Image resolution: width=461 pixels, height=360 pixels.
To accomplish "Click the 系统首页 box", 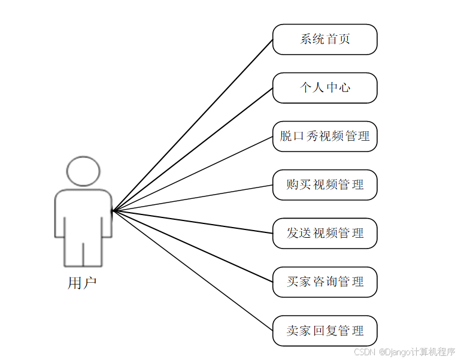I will coord(324,40).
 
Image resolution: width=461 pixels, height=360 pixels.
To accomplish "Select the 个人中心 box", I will coord(324,88).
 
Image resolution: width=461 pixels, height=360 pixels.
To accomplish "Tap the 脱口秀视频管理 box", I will coord(324,136).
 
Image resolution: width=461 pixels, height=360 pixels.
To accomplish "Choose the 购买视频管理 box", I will coord(324,184).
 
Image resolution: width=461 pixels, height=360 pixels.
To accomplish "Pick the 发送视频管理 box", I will coord(324,233).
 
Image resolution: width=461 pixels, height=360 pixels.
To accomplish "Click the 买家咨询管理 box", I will coord(324,282).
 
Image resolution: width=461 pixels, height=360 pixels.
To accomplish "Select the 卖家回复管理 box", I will coord(324,331).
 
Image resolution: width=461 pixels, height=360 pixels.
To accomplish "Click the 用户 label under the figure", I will coord(82,283).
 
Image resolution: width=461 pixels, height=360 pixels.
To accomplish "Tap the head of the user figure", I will coord(83,171).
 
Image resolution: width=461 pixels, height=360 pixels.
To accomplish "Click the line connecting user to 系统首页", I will coord(192,125).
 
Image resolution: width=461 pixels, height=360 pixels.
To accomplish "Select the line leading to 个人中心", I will coord(192,150).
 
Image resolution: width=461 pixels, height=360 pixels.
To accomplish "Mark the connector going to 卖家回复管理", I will coord(192,270).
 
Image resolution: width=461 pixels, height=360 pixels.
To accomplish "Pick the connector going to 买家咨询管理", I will coord(192,246).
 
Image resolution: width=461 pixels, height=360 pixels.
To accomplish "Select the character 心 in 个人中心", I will coord(344,88).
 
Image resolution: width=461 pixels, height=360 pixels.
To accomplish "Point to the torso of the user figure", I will coord(83,213).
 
